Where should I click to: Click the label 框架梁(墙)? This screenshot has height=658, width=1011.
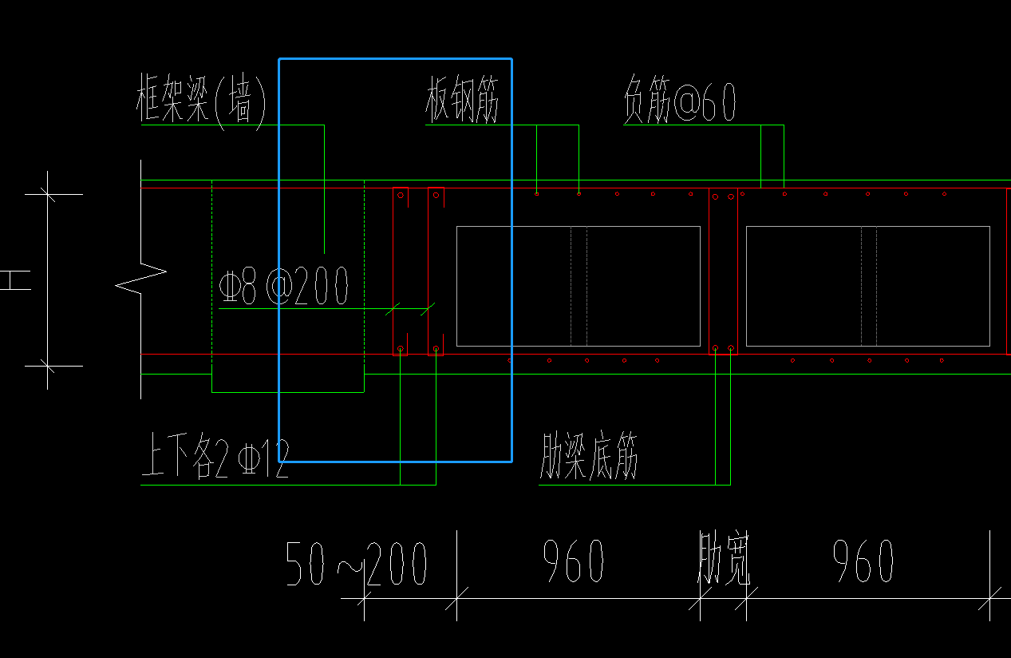(201, 101)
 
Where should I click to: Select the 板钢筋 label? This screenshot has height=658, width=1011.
(463, 101)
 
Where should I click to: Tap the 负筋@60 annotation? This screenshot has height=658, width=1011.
(679, 101)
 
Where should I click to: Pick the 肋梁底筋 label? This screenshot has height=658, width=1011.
(589, 458)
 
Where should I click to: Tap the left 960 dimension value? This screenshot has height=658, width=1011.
(573, 561)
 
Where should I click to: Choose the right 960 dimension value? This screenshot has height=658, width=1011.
(863, 561)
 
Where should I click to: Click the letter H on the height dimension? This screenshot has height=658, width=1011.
(14, 280)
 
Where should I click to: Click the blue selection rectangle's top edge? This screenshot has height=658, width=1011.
(395, 58)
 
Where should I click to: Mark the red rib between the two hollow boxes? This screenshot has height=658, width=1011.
(723, 272)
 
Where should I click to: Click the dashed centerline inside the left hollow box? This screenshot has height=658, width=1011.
(579, 286)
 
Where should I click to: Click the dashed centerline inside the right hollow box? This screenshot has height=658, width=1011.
(869, 286)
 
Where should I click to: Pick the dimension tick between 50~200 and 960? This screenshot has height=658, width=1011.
(456, 597)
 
